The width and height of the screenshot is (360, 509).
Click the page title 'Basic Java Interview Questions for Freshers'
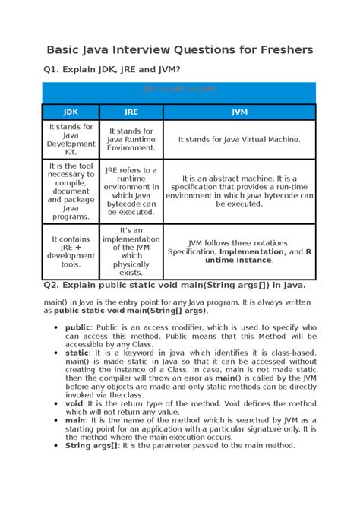point(180,50)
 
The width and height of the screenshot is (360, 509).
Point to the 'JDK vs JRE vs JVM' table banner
point(179,90)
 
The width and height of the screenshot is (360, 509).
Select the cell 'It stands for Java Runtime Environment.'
point(131,139)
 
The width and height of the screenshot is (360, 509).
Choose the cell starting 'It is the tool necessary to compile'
point(71,191)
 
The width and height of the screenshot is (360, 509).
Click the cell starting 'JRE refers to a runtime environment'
point(131,191)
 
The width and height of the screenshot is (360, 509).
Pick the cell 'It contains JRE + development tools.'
point(71,251)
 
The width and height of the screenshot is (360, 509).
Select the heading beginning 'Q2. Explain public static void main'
point(174,286)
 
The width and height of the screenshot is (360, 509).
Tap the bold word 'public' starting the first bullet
point(77,327)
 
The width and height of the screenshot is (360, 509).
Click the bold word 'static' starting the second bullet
point(77,353)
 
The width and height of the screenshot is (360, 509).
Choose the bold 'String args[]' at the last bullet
point(92,445)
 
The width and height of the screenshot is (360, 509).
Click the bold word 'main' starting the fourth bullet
point(76,420)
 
